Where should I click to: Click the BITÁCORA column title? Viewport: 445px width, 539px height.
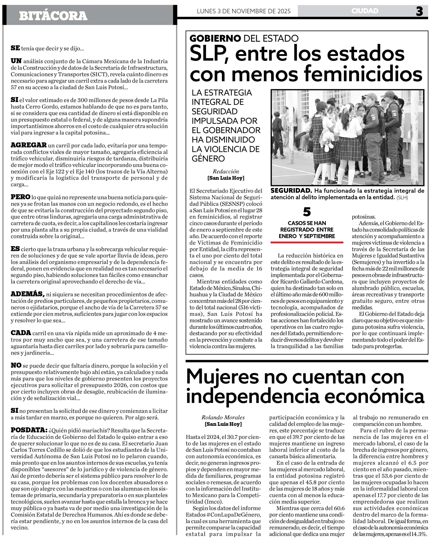pos(53,16)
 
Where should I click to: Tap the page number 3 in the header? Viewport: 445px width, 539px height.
pos(419,12)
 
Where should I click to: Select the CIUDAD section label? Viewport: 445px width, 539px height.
pos(365,11)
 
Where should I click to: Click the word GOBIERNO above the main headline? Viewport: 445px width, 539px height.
pos(215,39)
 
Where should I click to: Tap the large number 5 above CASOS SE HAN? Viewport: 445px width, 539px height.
pos(307,212)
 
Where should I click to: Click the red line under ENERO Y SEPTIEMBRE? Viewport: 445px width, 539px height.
pos(307,242)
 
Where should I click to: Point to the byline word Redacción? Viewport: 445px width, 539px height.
pos(226,172)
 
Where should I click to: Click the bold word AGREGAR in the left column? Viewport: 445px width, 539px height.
pos(29,145)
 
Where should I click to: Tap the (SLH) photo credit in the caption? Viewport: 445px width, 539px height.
pos(402,197)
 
